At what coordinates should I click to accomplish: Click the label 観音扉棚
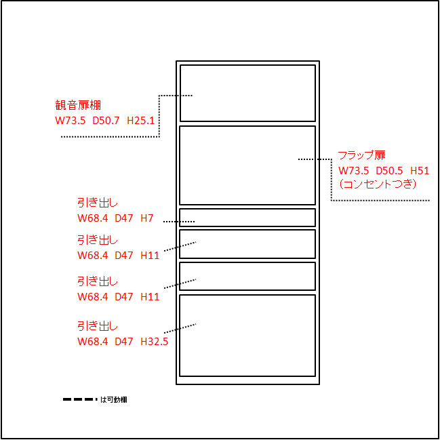[x=78, y=106]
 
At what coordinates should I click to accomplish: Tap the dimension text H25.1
[x=141, y=121]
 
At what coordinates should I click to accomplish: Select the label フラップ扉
[x=361, y=155]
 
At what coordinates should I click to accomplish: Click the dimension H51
[x=420, y=170]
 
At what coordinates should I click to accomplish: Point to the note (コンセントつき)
[x=376, y=184]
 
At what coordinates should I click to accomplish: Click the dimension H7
[x=147, y=218]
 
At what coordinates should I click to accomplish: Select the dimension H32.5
[x=155, y=341]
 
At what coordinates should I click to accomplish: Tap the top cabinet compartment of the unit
[x=247, y=93]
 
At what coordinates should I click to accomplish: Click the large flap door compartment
[x=247, y=165]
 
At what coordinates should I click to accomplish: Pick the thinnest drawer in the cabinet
[x=247, y=218]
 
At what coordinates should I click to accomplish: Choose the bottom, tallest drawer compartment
[x=247, y=336]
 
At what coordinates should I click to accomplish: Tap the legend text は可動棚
[x=113, y=399]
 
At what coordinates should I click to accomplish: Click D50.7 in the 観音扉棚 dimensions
[x=106, y=121]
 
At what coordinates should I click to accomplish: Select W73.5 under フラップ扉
[x=353, y=170]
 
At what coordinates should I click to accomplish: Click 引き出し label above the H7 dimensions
[x=98, y=203]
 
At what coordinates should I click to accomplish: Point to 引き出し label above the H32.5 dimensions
[x=98, y=326]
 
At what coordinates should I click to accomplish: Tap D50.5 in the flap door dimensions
[x=389, y=170]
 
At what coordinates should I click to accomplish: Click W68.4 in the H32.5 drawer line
[x=93, y=341]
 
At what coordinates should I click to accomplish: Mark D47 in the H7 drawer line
[x=124, y=218]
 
